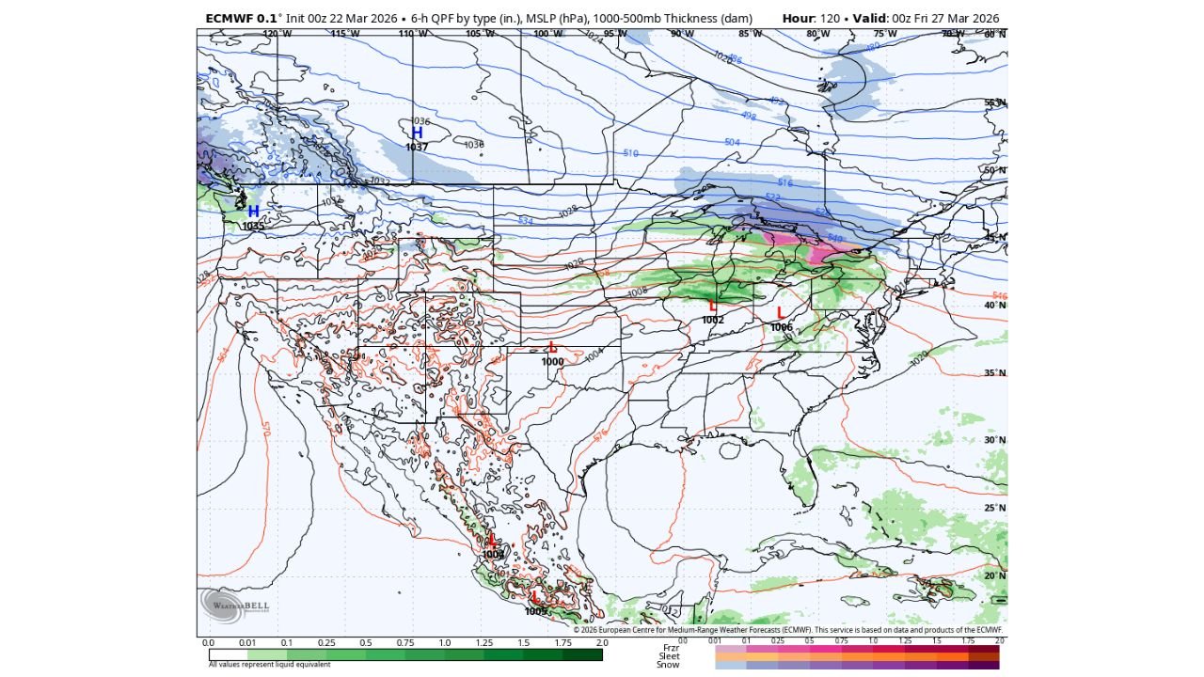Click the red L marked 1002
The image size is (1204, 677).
coord(713,306)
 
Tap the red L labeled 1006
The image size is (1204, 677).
coord(780,312)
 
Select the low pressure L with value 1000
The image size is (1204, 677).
coord(552,347)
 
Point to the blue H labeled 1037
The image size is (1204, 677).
coord(417,134)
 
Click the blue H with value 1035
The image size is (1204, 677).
coord(253,212)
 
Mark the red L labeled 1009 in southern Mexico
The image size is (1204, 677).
coord(535,597)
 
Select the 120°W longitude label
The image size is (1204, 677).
coord(277,34)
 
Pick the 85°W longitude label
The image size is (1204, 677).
coord(750,34)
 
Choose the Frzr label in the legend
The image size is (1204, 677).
coord(670,647)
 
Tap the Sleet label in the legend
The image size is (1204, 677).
coord(668,655)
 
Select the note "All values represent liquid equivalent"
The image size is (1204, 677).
coord(270,665)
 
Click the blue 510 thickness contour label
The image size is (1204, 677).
coord(630,153)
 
